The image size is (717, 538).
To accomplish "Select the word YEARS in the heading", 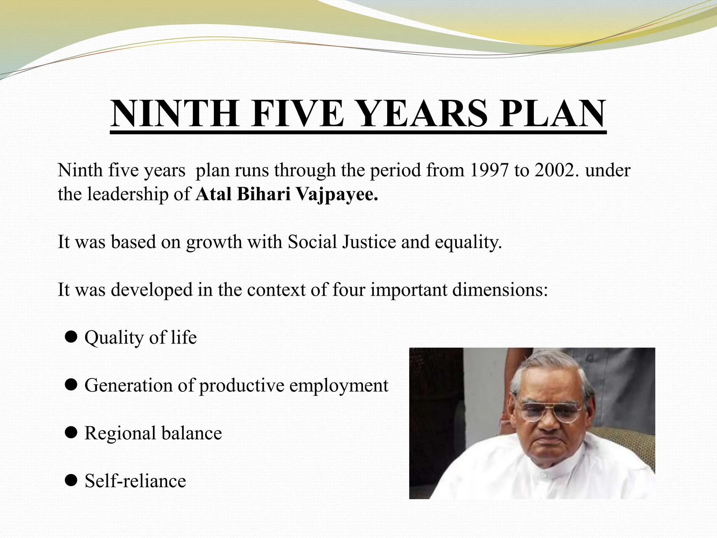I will (423, 114).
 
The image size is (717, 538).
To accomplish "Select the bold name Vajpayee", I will (337, 194).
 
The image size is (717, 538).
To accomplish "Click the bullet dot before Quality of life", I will (71, 337).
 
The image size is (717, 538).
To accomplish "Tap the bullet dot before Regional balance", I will (71, 433).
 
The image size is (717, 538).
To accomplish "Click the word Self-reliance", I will (135, 481).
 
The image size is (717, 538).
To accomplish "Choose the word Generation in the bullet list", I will (128, 385).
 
